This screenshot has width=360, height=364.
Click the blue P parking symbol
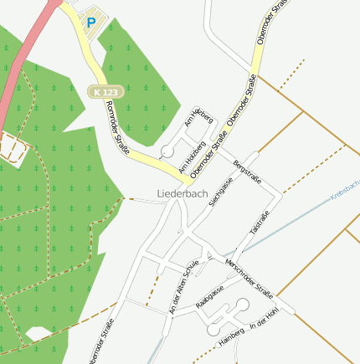coord(90,23)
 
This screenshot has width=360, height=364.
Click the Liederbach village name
coord(182,194)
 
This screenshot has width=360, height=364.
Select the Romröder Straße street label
coord(117,128)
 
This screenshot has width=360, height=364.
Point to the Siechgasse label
coord(220,190)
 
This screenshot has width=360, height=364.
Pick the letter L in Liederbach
coord(160,194)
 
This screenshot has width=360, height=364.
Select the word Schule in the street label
coord(192,266)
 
